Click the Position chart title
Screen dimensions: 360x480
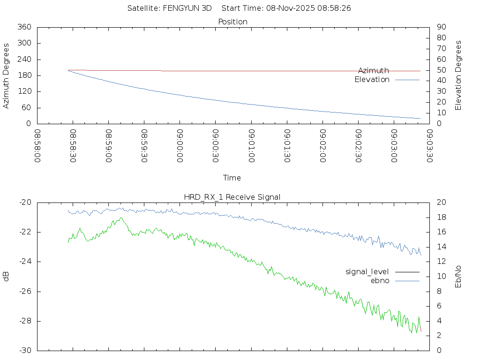coord(233,22)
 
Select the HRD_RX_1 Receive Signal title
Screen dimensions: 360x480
coord(232,197)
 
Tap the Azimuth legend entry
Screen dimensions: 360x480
coord(374,70)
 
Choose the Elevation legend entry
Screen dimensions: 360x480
coord(372,80)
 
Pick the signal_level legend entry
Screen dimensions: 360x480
coord(367,271)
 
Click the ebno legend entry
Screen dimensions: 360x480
coord(380,280)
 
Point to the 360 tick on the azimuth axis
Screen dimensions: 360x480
coord(24,27)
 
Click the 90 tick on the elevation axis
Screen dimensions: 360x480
coord(441,27)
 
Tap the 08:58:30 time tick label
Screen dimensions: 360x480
coord(73,146)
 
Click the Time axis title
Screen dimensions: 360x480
coord(232,178)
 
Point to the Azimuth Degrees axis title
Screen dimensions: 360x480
coord(7,75)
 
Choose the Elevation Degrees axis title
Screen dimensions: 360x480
coord(458,75)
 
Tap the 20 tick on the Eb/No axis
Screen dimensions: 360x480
coord(441,202)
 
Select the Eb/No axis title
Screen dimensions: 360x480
coord(458,276)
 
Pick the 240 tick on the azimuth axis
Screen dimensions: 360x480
coord(24,60)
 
